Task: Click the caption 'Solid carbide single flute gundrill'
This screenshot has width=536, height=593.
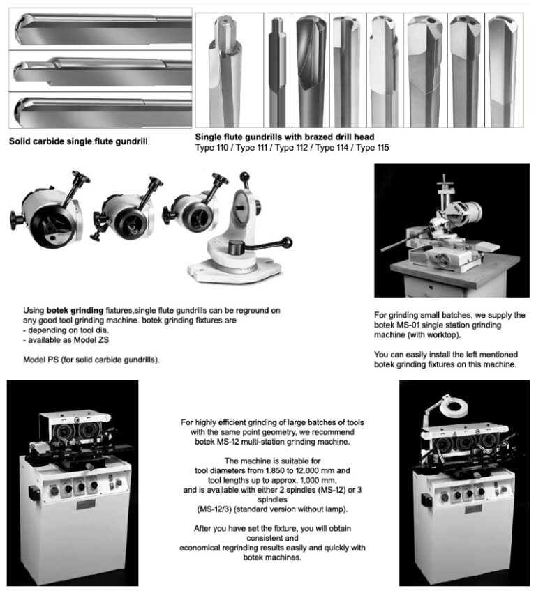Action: point(78,141)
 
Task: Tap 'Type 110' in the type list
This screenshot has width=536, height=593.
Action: point(212,148)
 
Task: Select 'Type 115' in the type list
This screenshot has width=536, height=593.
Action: point(371,148)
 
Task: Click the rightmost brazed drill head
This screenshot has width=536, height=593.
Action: point(502,70)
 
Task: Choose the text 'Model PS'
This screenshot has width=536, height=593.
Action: point(38,360)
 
